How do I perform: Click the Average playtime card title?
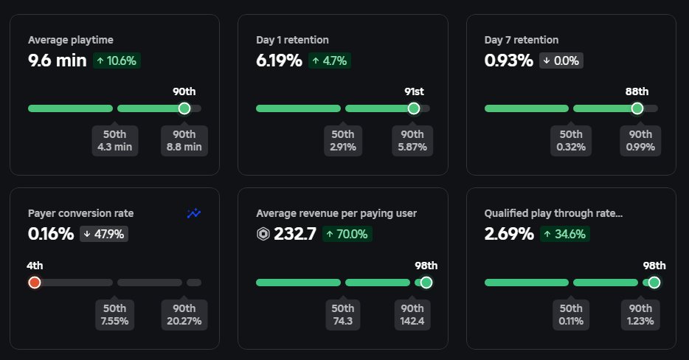coord(71,40)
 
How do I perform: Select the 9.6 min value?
coord(58,60)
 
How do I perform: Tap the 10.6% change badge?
coord(117,61)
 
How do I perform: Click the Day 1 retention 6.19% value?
coord(279,60)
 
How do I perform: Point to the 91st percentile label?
coord(414,91)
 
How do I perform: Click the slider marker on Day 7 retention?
coord(637,108)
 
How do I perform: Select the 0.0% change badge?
coord(561,61)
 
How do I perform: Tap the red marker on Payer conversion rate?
coord(34,283)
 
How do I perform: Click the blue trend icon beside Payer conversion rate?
coord(194,214)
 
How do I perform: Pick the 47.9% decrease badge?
coord(105,235)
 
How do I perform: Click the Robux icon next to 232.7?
coord(263,235)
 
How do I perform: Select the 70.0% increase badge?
coord(347,235)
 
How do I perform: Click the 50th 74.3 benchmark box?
coord(343,314)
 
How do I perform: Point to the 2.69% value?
coord(509,234)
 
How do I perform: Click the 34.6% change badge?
coord(565,235)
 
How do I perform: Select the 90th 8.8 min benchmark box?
coord(184,140)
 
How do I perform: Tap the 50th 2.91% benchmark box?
coord(343,140)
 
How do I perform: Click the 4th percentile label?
coord(34,266)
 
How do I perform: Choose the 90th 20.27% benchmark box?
coord(184,314)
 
